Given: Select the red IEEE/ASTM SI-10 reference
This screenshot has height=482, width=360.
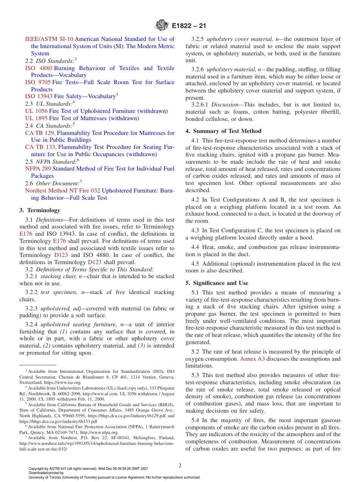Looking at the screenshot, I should [49, 39].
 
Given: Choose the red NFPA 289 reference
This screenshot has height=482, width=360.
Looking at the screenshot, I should [38, 169].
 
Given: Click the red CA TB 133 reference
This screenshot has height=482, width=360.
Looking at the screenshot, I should [41, 147].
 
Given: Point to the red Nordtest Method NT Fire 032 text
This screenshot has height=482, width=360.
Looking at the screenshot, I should [63, 191].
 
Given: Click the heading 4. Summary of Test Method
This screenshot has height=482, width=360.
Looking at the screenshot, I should [223, 131].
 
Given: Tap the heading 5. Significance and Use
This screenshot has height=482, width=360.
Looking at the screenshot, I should [217, 283].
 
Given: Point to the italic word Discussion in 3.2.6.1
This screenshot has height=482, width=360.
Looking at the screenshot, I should [224, 104].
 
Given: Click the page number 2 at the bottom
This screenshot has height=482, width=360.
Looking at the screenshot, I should [180, 465].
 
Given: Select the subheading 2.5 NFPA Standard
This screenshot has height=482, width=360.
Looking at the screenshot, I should [52, 161].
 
